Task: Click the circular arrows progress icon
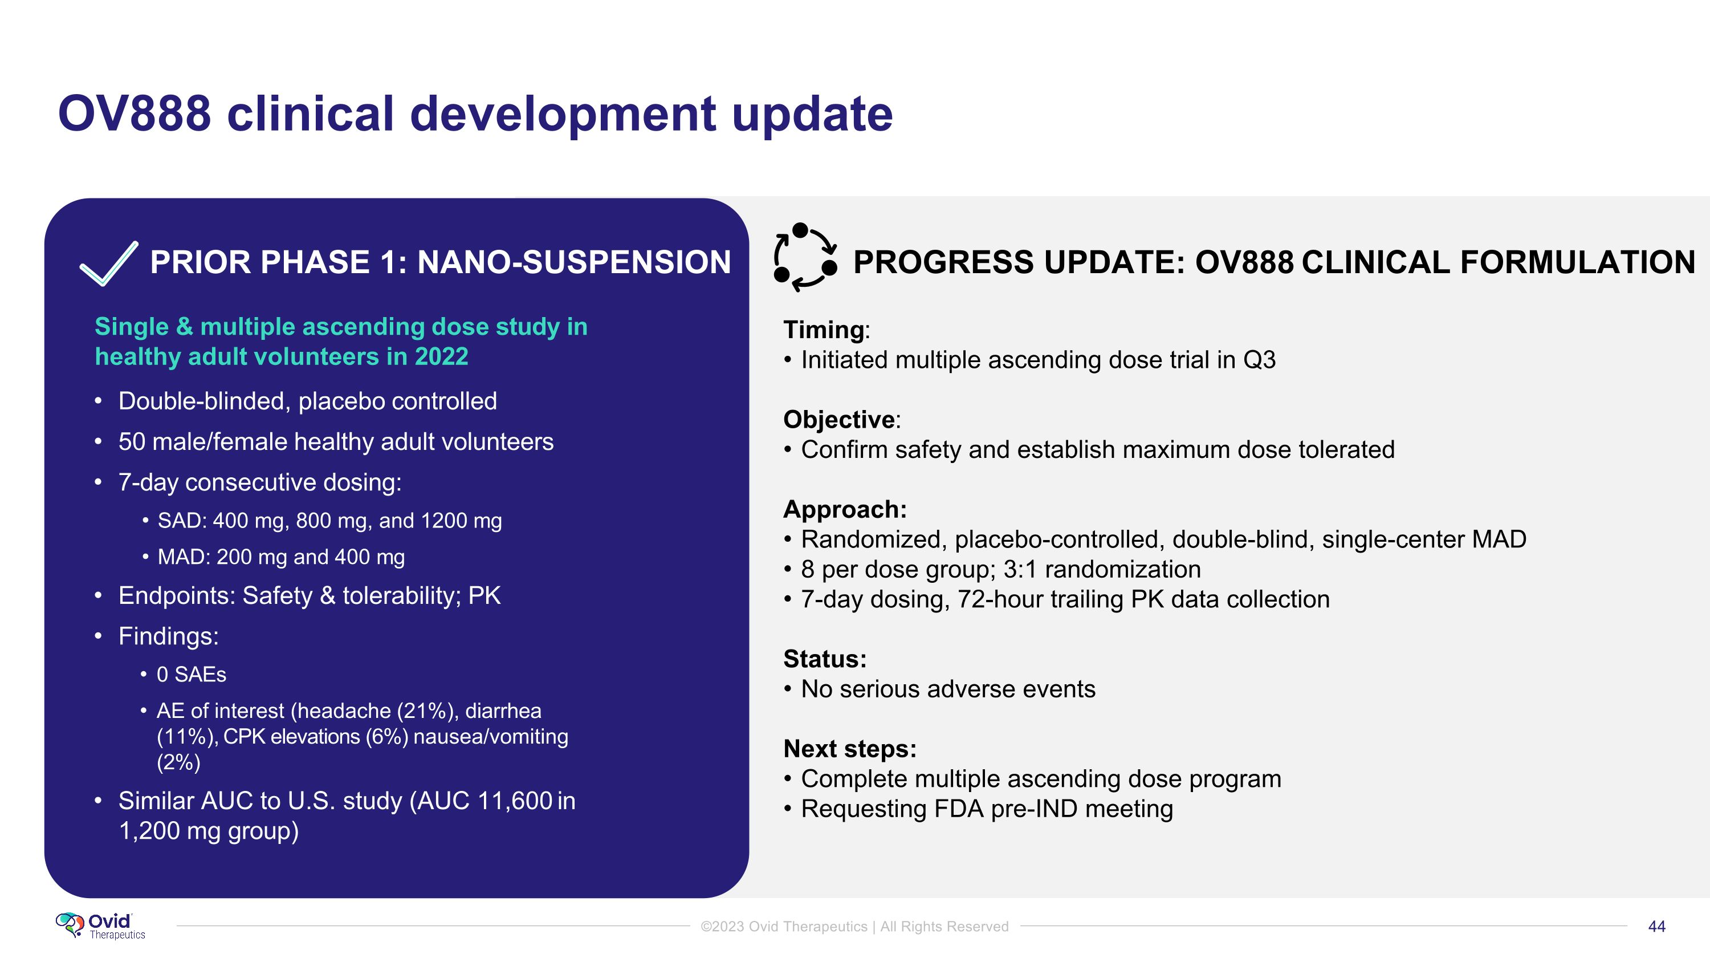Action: coord(805,258)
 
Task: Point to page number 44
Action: coord(1657,927)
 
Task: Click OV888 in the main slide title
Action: coord(135,113)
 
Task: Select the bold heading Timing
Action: coord(824,330)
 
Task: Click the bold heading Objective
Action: coord(839,420)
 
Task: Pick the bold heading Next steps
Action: coord(850,749)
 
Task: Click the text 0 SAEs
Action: coord(191,675)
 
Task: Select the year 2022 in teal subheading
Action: coord(441,357)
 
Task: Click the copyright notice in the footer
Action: coord(855,927)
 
